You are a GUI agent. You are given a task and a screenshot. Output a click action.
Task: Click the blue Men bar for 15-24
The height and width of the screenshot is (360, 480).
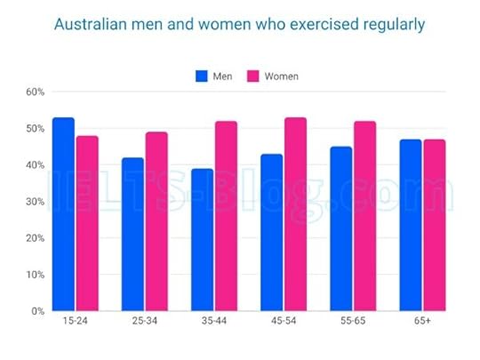click(63, 214)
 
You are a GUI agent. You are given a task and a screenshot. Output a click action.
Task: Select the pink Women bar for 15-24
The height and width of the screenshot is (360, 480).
click(87, 223)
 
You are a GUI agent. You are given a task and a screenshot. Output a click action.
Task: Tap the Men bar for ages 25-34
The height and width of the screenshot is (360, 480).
click(132, 235)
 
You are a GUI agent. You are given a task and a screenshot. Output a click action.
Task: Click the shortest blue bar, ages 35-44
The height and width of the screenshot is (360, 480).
click(202, 240)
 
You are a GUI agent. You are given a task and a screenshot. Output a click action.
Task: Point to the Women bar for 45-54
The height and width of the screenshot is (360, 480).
click(295, 214)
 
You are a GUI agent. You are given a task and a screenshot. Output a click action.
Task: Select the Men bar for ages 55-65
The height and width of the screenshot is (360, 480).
click(341, 228)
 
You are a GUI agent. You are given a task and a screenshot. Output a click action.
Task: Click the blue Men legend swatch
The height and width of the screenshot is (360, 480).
click(202, 76)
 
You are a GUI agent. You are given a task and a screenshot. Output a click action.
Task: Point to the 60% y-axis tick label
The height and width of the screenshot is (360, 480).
click(34, 92)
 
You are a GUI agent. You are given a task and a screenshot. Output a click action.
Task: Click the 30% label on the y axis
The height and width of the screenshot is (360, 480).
click(34, 202)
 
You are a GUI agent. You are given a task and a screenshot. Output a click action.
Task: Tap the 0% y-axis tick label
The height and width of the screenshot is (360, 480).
click(36, 311)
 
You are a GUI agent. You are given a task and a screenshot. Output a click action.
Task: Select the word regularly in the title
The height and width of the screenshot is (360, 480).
click(391, 24)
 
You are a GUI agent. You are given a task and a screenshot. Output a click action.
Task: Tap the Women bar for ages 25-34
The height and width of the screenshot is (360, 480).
click(156, 221)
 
